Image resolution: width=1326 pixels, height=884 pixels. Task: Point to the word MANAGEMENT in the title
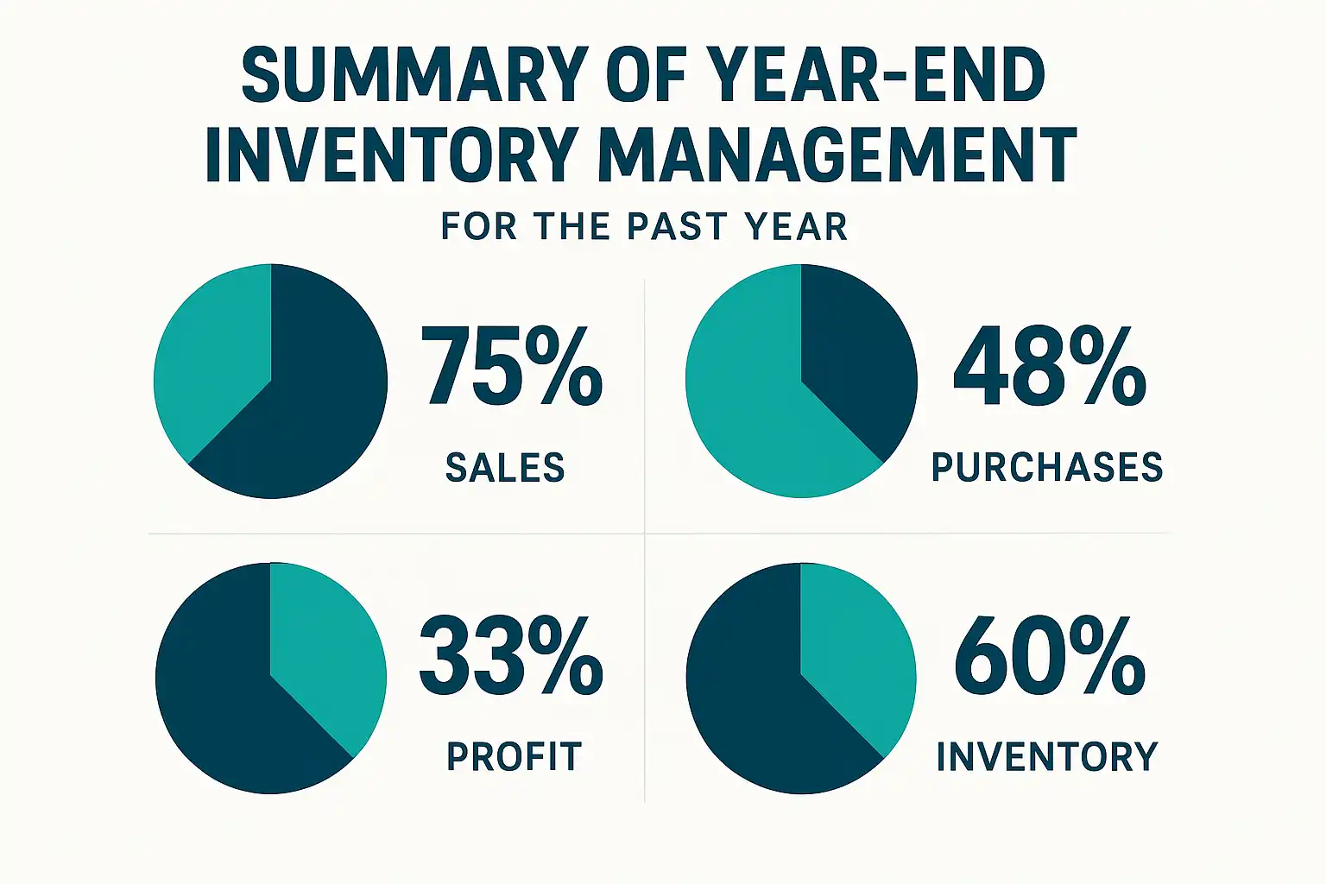point(837,155)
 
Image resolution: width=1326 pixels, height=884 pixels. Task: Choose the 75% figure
point(511,366)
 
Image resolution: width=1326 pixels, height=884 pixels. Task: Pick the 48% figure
point(1049,366)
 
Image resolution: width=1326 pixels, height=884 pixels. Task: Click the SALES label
point(505,468)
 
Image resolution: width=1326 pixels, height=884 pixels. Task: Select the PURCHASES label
point(1047,468)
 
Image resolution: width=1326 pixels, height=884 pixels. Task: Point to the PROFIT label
point(514,757)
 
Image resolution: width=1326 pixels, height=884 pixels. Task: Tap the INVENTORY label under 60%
point(1047,757)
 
